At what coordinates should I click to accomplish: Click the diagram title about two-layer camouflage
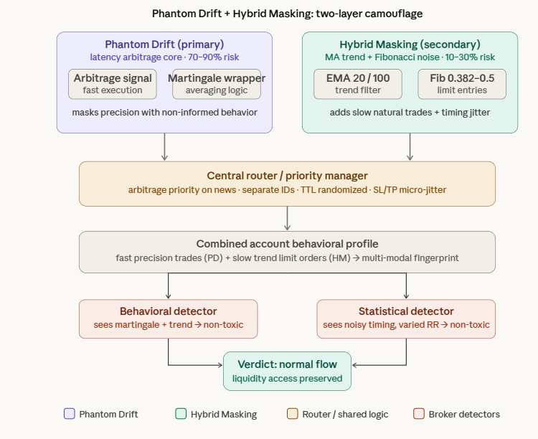pyautogui.click(x=287, y=14)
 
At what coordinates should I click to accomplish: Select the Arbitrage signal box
pyautogui.click(x=113, y=84)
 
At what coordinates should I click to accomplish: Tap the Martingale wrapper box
pyautogui.click(x=217, y=84)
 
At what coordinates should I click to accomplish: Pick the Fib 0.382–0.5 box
pyautogui.click(x=462, y=84)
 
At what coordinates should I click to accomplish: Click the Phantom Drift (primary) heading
pyautogui.click(x=164, y=44)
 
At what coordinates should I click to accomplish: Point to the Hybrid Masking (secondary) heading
pyautogui.click(x=410, y=44)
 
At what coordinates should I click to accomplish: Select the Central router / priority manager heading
pyautogui.click(x=287, y=176)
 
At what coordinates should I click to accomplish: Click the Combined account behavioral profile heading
pyautogui.click(x=287, y=244)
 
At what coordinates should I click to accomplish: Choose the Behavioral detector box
pyautogui.click(x=168, y=318)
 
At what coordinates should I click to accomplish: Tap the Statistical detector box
pyautogui.click(x=406, y=318)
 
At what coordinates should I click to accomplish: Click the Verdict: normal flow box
pyautogui.click(x=287, y=371)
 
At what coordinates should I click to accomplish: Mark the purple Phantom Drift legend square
pyautogui.click(x=69, y=414)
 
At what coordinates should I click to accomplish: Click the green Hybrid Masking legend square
pyautogui.click(x=181, y=414)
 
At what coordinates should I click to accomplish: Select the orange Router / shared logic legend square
pyautogui.click(x=292, y=414)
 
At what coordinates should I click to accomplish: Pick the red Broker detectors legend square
pyautogui.click(x=419, y=414)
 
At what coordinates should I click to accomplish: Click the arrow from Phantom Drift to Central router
pyautogui.click(x=164, y=147)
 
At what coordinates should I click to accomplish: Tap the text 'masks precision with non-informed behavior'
pyautogui.click(x=164, y=113)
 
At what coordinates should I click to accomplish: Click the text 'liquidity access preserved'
pyautogui.click(x=287, y=379)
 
